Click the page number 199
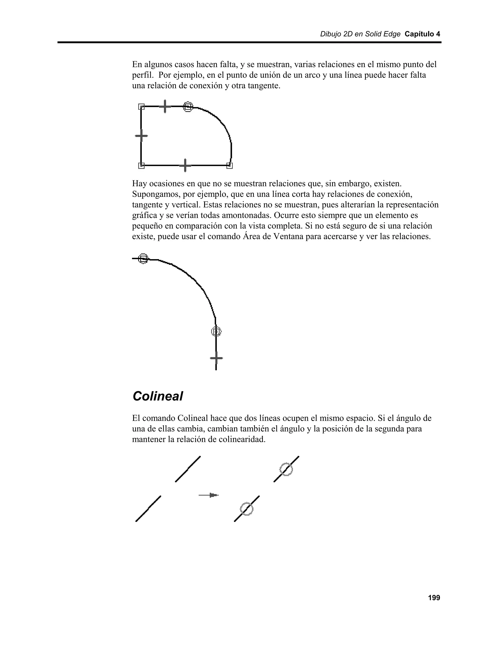tap(434, 598)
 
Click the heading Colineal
tap(158, 396)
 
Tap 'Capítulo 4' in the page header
tap(422, 34)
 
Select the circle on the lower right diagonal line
tap(247, 509)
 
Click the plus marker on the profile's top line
tap(165, 106)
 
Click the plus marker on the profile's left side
tap(141, 136)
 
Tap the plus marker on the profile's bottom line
tap(185, 165)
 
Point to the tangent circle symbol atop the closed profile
tap(188, 107)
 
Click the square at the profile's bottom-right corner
tap(229, 166)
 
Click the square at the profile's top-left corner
tap(141, 107)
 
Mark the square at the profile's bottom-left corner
tap(141, 166)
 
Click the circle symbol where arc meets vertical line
tap(216, 332)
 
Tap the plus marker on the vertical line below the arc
tap(216, 358)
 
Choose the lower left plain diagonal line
tap(148, 509)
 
